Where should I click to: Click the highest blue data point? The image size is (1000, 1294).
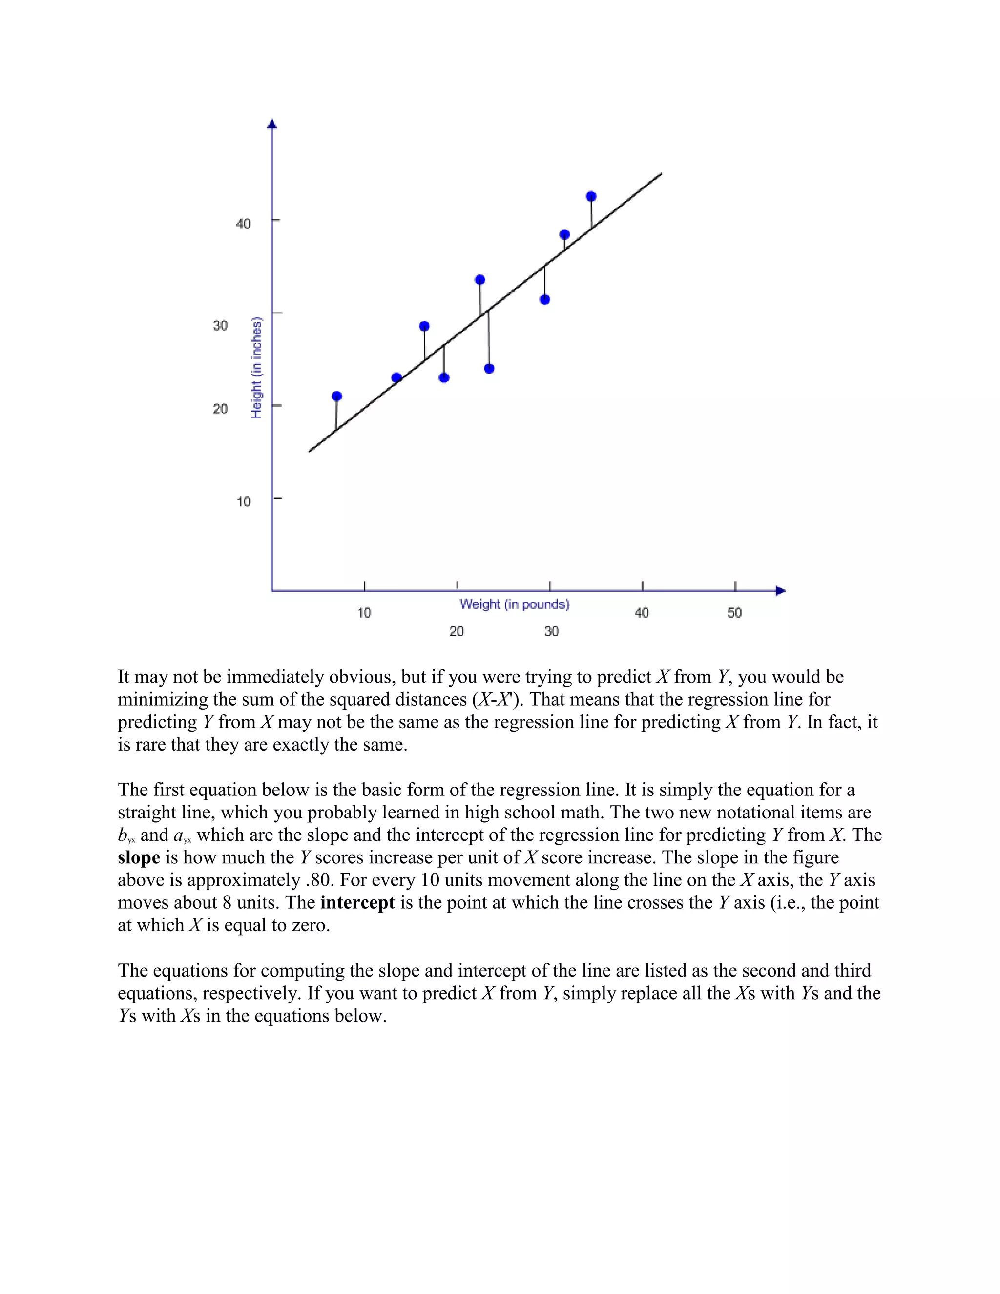[591, 197]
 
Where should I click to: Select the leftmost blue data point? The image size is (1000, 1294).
[336, 396]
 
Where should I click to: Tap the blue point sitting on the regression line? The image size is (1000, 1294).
[396, 377]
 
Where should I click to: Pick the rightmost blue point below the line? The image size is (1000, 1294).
[544, 299]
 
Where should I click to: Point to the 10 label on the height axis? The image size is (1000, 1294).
[243, 502]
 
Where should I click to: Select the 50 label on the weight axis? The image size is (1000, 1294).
[734, 613]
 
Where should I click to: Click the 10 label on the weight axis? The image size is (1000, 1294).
[364, 613]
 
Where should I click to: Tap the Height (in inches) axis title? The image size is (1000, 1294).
[256, 367]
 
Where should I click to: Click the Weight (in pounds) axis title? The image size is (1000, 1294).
[514, 605]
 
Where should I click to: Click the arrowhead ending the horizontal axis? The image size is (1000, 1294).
[780, 591]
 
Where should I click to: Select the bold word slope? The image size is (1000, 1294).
[139, 858]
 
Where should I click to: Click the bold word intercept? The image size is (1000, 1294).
[357, 903]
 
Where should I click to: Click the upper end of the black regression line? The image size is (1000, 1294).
[661, 174]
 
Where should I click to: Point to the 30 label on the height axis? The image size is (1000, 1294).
[220, 325]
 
